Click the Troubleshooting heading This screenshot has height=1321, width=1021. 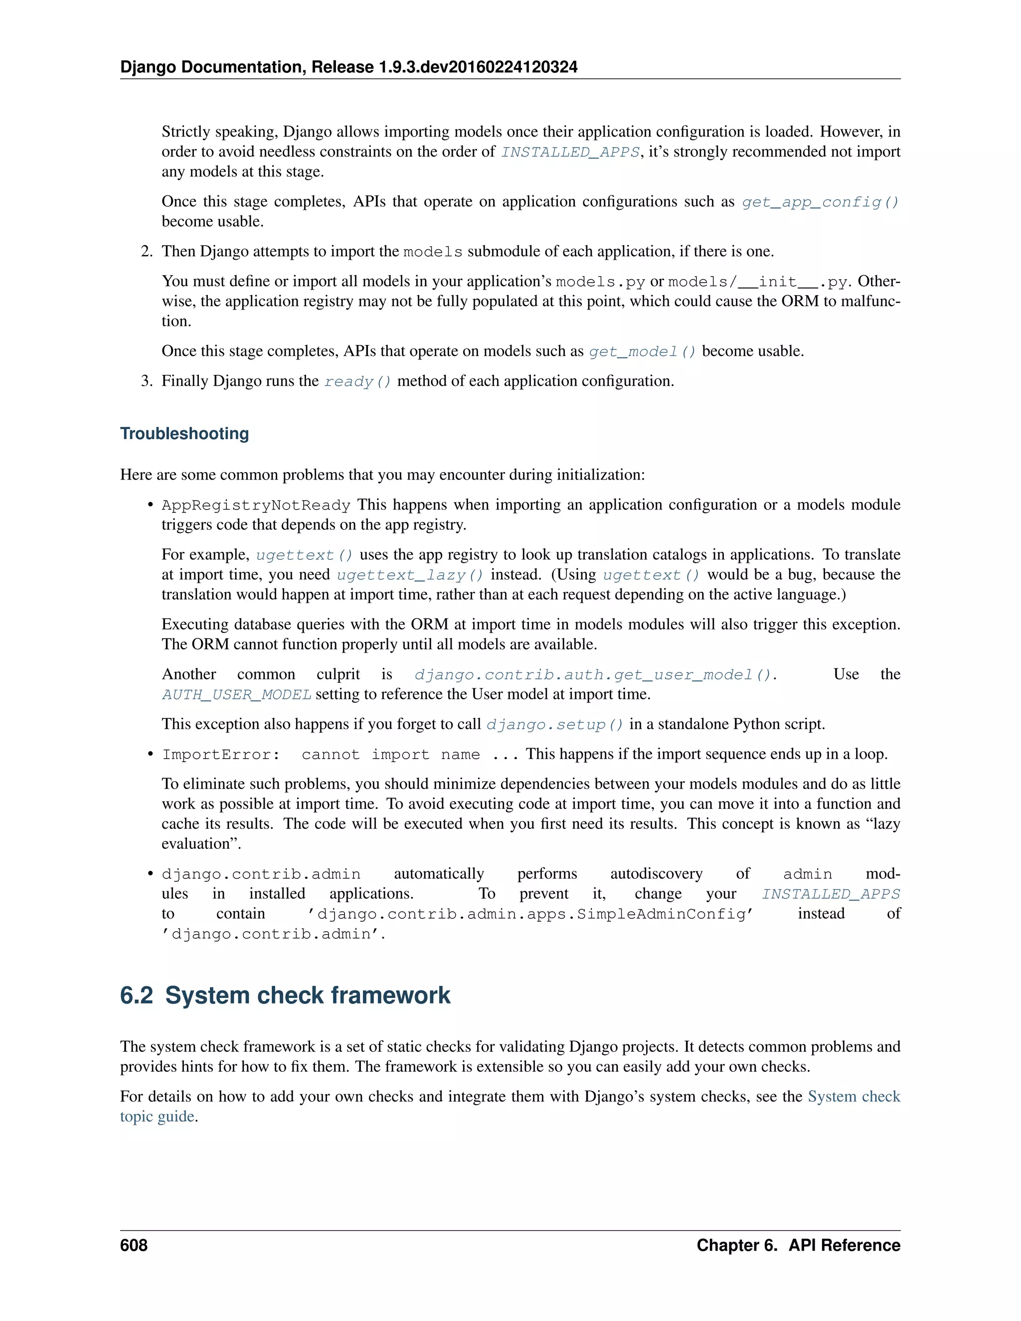(x=184, y=434)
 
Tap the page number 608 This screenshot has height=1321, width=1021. (x=134, y=1245)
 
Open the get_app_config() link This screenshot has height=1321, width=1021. (x=820, y=202)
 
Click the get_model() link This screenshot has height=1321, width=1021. (x=642, y=351)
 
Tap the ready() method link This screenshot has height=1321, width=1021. (x=357, y=382)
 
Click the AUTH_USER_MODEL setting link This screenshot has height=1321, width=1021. (x=236, y=694)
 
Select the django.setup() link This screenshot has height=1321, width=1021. (x=555, y=725)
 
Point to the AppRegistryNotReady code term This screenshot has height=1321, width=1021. (x=256, y=505)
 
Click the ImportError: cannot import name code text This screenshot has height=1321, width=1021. (x=321, y=755)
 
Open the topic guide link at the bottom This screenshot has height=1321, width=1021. (x=157, y=1116)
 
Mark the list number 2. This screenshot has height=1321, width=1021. (x=147, y=252)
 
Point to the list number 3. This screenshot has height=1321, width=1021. (x=147, y=381)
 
